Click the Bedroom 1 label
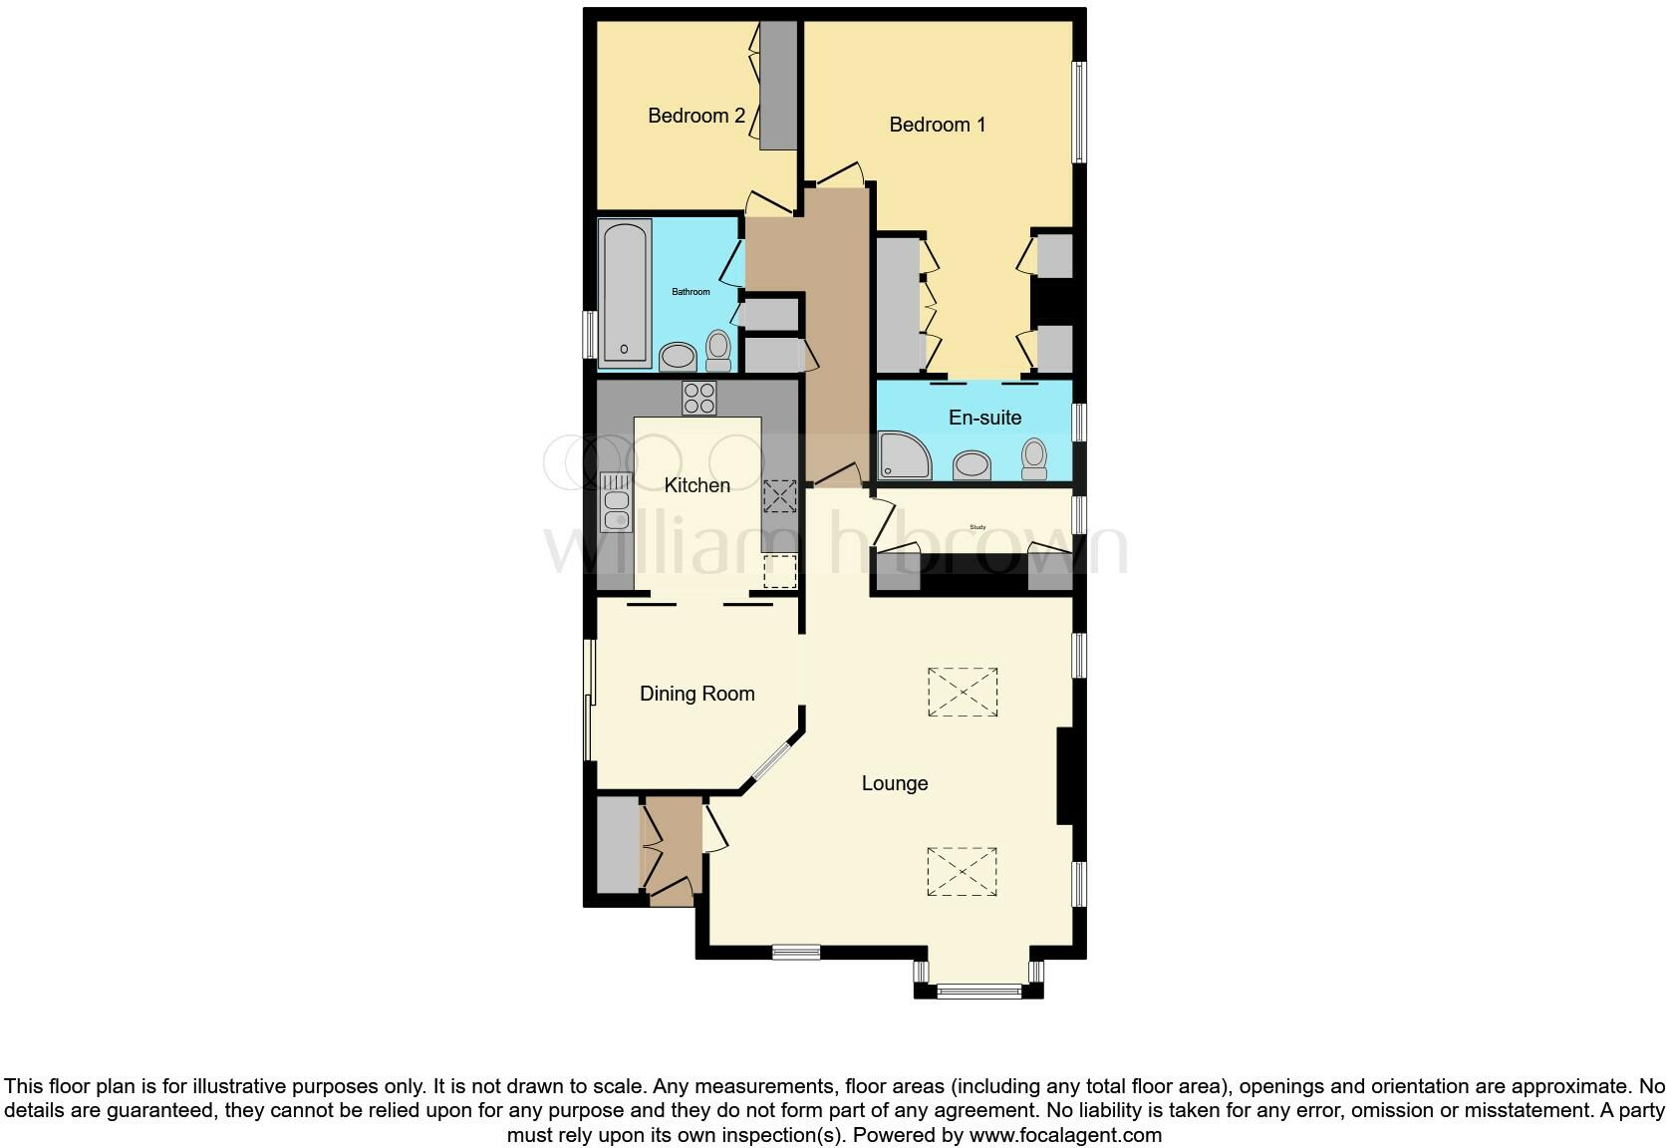tap(937, 125)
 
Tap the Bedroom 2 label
tap(695, 116)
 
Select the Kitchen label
tap(696, 485)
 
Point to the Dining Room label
tap(696, 694)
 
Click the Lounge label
tap(894, 783)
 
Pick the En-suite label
tap(984, 418)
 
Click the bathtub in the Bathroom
tap(625, 293)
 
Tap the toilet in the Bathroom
tap(717, 350)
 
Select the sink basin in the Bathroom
tap(679, 356)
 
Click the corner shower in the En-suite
tap(903, 455)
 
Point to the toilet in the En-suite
tap(1034, 459)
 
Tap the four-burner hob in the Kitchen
tap(698, 399)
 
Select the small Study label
tap(977, 527)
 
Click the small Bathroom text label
tap(691, 292)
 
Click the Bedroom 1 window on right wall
tap(1078, 112)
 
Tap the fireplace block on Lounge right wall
tap(1064, 776)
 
